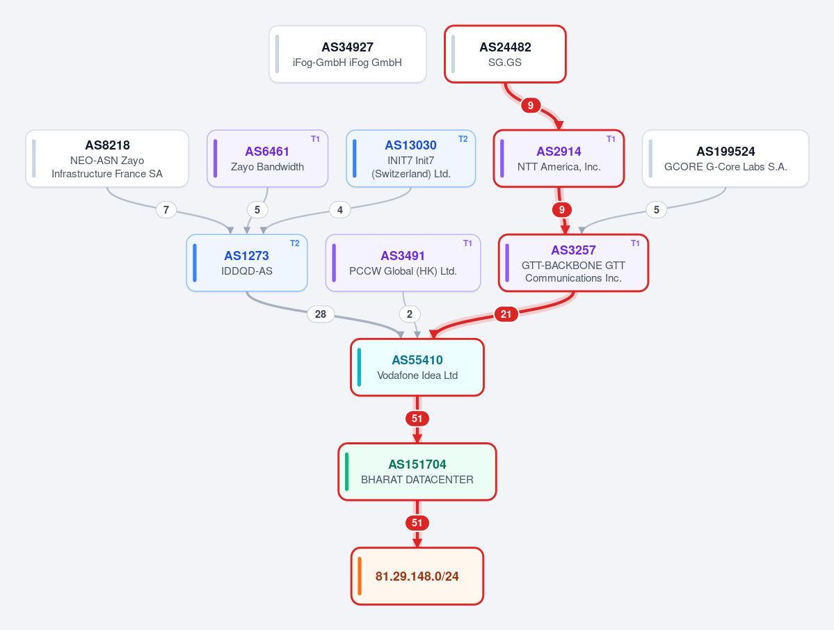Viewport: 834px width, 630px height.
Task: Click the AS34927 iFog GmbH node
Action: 347,54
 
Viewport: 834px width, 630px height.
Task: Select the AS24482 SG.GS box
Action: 505,54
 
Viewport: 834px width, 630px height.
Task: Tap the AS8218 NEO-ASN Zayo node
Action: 107,159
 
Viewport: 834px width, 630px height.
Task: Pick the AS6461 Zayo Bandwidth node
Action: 268,159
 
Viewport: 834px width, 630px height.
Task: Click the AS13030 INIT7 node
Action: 410,159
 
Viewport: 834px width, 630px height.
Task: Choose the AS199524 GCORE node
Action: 725,159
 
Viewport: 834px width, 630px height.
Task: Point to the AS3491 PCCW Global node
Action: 403,263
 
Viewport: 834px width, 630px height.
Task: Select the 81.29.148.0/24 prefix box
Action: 417,576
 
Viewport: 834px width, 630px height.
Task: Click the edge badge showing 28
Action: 321,314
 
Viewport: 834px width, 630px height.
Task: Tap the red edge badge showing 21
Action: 506,314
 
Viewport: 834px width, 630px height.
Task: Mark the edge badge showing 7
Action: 166,210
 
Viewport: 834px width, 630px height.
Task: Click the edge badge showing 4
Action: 340,210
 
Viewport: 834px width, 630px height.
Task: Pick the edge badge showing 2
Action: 410,314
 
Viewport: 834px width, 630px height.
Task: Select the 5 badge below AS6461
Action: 257,210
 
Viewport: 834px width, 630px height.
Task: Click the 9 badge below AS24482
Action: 530,105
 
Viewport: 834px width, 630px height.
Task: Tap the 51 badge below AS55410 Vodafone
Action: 417,419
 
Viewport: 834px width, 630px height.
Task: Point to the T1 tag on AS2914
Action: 611,139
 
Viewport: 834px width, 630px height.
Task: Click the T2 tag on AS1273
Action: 295,243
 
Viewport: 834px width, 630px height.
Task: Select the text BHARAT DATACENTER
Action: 417,480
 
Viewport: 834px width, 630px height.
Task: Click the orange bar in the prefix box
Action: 360,576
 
